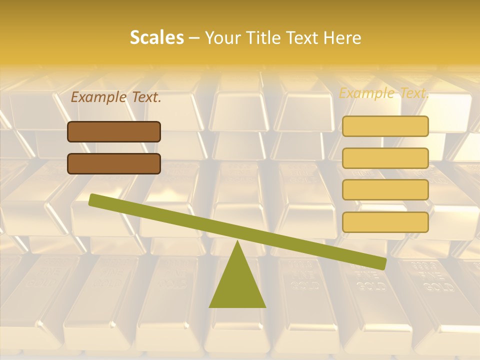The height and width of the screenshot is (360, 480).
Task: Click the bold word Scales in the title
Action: tap(156, 37)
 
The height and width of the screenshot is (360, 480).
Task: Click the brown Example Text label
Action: tap(116, 97)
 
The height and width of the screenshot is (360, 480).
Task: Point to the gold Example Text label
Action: tap(384, 93)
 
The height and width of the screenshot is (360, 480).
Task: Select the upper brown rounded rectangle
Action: tap(114, 131)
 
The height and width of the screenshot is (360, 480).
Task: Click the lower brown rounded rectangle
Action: tap(114, 163)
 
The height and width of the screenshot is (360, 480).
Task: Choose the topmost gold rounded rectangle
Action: tap(385, 126)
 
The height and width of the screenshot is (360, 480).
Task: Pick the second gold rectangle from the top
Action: tap(385, 158)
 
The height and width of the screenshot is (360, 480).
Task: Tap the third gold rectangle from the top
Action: tap(385, 189)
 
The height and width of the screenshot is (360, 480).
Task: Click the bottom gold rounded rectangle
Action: tap(385, 222)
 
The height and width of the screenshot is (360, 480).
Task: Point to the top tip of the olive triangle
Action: tap(237, 242)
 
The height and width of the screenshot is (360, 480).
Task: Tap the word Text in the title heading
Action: tap(305, 37)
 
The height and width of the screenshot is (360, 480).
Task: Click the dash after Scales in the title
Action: tap(195, 38)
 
